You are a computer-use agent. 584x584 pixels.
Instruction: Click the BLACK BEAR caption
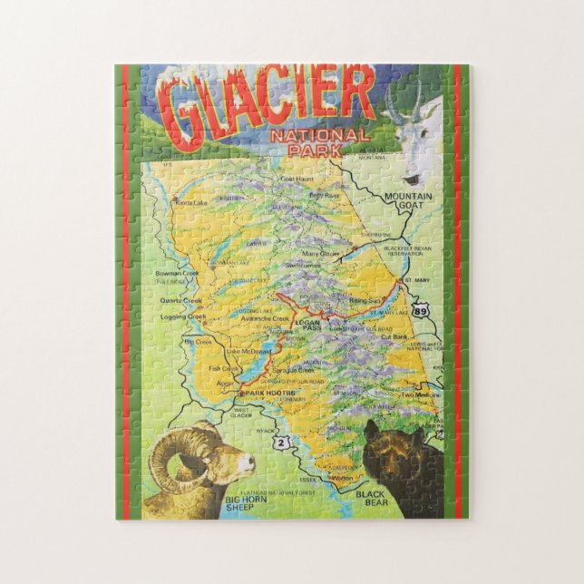[x=371, y=496]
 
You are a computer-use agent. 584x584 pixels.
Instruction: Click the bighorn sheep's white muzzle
[x=246, y=465]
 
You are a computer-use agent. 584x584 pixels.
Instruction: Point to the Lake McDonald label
[x=249, y=350]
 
